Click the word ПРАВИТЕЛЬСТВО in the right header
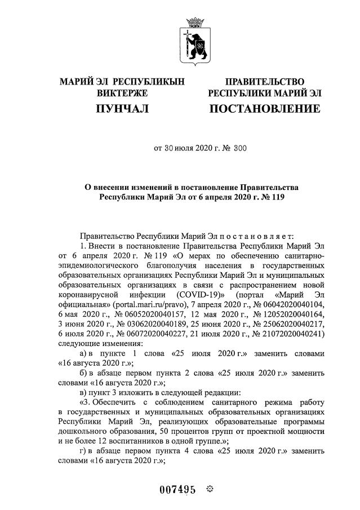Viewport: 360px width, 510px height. click(x=265, y=82)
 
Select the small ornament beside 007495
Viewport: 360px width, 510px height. click(x=210, y=489)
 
